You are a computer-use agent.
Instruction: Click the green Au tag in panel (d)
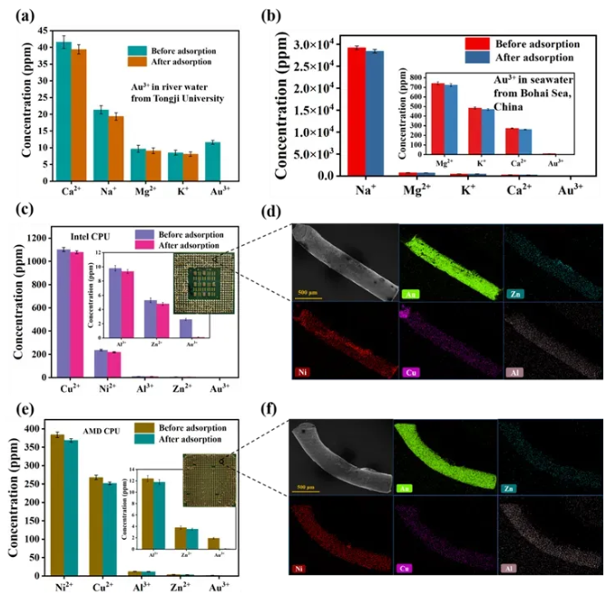coord(411,296)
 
